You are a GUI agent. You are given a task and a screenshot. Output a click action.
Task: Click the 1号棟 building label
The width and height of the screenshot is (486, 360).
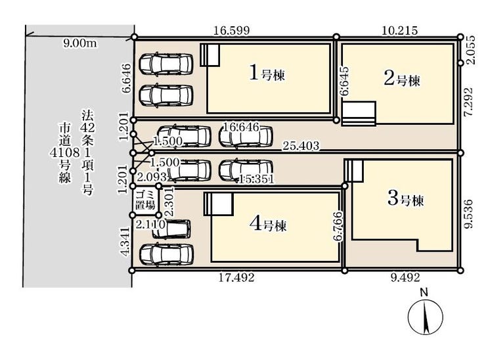coord(267,74)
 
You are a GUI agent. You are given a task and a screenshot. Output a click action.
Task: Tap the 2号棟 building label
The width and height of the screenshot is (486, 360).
coord(402,79)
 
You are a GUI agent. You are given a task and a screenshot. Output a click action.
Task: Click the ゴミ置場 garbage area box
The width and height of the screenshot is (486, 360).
coord(146,200)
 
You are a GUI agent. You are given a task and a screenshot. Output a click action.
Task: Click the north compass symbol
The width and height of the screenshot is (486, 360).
coord(426,317)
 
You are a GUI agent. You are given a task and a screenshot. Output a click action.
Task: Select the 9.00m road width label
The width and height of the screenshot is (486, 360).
coord(80,43)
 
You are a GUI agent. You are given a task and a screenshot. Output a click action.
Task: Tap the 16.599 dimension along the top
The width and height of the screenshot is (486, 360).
coord(232,31)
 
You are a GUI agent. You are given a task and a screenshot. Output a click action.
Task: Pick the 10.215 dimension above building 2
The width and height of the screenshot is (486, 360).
coord(400,30)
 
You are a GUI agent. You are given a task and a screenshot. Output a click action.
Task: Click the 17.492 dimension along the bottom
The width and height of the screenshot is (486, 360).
coord(236,277)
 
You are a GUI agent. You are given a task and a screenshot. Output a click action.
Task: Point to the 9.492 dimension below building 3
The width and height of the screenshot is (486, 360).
coord(405,277)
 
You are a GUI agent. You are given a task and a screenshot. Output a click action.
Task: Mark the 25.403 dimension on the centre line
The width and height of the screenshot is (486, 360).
coord(301,146)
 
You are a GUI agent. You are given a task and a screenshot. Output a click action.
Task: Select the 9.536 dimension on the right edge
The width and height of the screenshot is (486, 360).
coord(469,214)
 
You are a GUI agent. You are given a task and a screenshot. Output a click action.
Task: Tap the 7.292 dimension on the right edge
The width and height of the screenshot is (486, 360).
coord(469,102)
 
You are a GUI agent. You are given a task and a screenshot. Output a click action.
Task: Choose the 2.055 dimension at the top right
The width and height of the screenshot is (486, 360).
coord(470,50)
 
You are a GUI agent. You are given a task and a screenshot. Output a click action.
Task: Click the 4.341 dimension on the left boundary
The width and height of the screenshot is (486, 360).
coord(125,242)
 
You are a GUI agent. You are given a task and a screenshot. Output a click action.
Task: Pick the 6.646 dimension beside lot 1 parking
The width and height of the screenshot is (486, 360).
coord(127,78)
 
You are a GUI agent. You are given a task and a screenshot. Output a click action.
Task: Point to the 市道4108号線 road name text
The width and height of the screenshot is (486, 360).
coord(65,152)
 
